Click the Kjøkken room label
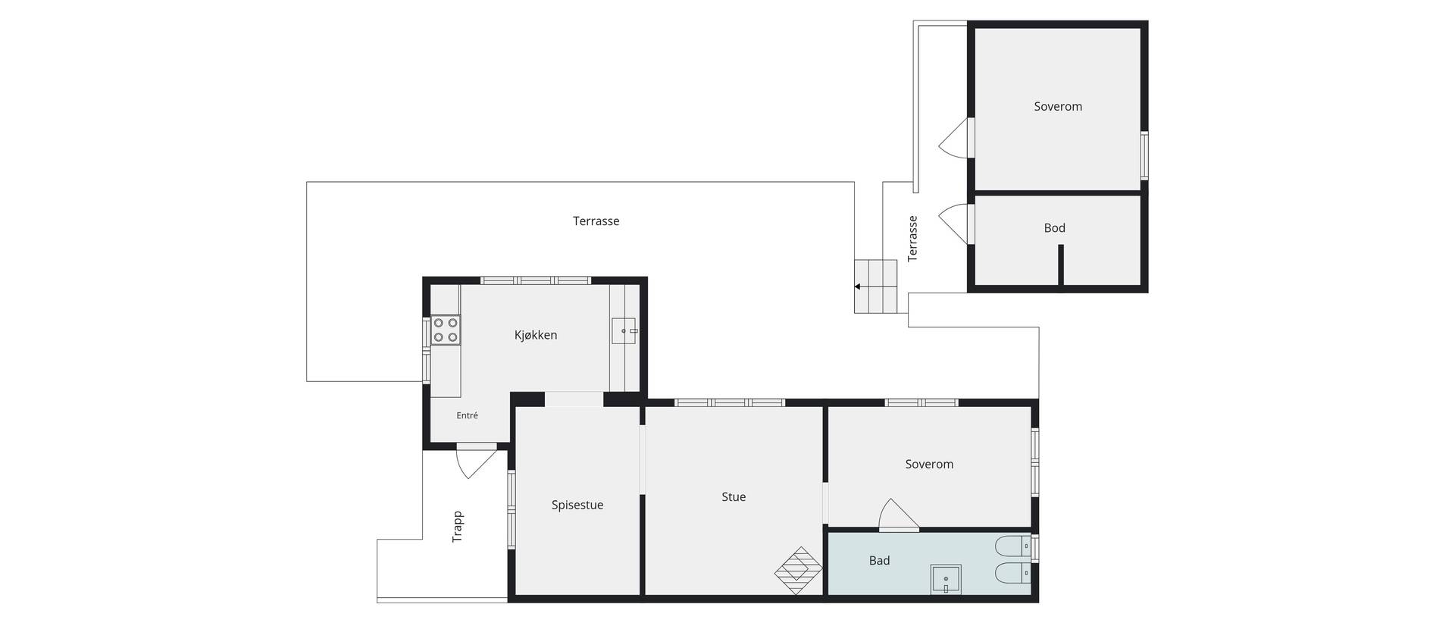tap(536, 335)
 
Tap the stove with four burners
tap(446, 330)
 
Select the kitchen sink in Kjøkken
tap(625, 331)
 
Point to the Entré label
tap(467, 415)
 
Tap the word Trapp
tap(458, 527)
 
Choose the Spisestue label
tap(577, 505)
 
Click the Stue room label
tap(734, 497)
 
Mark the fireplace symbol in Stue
tap(799, 571)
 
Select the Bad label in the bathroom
tap(879, 561)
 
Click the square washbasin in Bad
tap(946, 579)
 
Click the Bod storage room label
tap(1054, 228)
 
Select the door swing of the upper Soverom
tap(953, 138)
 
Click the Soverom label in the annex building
tap(1058, 107)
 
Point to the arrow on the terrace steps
tap(857, 286)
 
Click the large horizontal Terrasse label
tap(596, 221)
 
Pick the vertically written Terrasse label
tap(913, 239)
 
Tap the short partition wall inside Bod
tap(1061, 265)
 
